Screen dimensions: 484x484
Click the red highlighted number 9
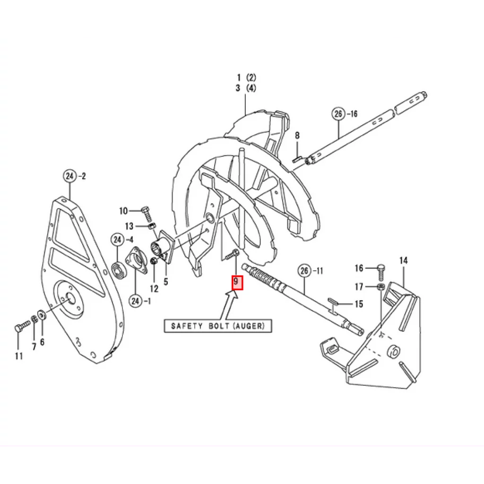[x=237, y=283]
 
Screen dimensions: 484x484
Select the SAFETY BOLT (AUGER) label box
[x=218, y=326]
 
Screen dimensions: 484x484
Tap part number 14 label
[x=404, y=261]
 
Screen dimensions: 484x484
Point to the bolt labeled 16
[x=381, y=272]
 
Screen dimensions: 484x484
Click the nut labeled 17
[x=381, y=287]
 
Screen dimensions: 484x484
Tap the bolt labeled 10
[x=147, y=215]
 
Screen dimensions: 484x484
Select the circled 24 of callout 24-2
[x=70, y=176]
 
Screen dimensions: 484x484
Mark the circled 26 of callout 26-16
[x=338, y=114]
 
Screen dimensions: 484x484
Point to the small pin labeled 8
[x=297, y=159]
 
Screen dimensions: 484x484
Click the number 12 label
[x=154, y=289]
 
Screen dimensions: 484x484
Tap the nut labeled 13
[x=152, y=226]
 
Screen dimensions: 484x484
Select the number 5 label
[x=166, y=282]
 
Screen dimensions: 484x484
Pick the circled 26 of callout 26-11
[x=304, y=271]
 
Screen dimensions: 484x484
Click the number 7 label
[x=34, y=346]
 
